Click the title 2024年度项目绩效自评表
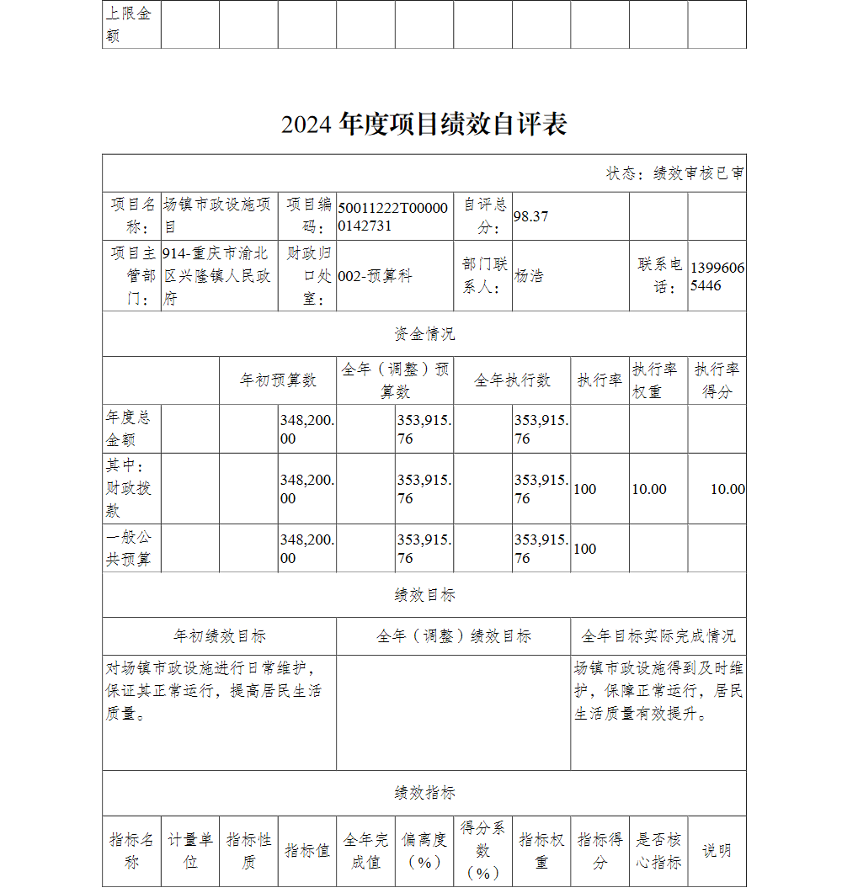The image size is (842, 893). (x=424, y=125)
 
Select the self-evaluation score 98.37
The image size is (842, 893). (x=530, y=216)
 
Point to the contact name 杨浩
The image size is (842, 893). (x=529, y=276)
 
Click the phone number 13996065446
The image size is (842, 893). (x=717, y=276)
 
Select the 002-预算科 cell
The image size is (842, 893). (x=375, y=276)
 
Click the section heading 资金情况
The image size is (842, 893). (x=424, y=334)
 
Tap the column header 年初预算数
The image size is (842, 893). (x=278, y=380)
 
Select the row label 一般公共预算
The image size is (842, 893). (x=130, y=548)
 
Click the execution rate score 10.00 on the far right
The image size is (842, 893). (x=727, y=489)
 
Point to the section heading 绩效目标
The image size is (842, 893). (x=424, y=595)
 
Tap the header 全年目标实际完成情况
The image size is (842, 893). (x=658, y=636)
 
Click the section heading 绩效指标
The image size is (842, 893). (x=424, y=793)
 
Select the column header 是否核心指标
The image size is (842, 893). (x=658, y=851)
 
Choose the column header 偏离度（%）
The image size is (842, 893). (x=424, y=851)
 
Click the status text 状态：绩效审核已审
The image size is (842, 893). (x=674, y=173)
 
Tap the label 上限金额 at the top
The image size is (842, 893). (x=128, y=24)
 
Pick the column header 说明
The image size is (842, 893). (x=717, y=851)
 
